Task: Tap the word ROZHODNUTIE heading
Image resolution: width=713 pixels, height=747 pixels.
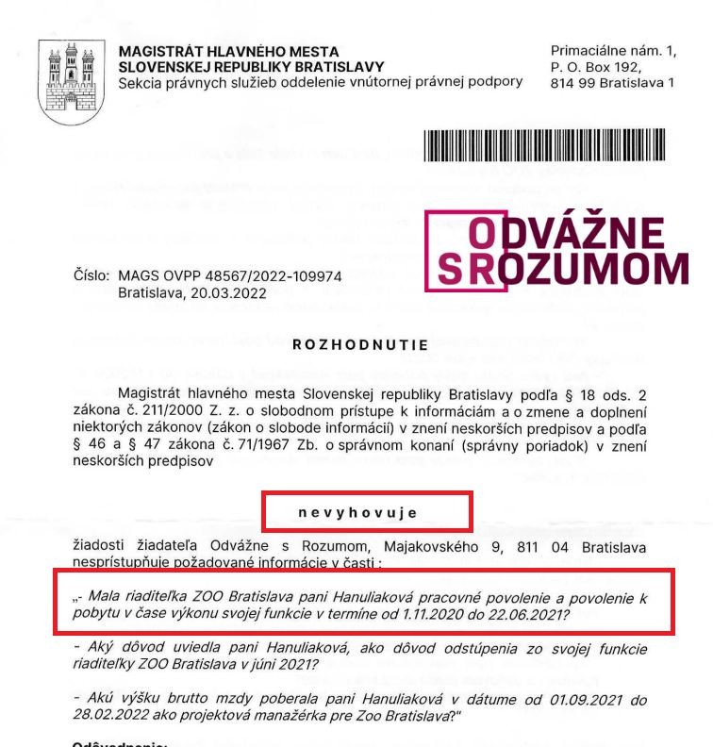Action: pos(360,345)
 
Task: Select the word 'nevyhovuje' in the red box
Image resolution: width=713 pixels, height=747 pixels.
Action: pos(363,511)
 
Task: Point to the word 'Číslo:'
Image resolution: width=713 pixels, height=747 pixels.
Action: pos(91,276)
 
